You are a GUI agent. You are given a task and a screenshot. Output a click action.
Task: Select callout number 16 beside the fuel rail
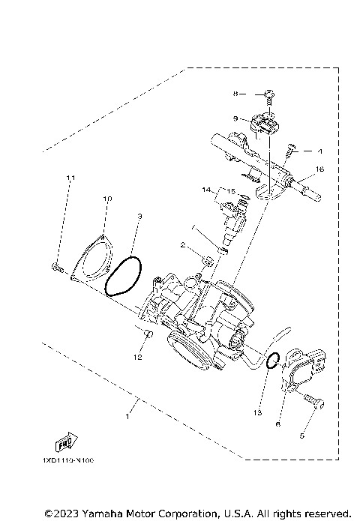point(319,170)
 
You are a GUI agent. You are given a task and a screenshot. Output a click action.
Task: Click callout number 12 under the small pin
point(138,358)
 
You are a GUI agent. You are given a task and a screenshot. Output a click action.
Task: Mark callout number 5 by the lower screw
point(304,433)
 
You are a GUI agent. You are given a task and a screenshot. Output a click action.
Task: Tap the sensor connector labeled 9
point(267,124)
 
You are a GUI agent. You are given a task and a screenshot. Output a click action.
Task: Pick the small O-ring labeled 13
point(274,361)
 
